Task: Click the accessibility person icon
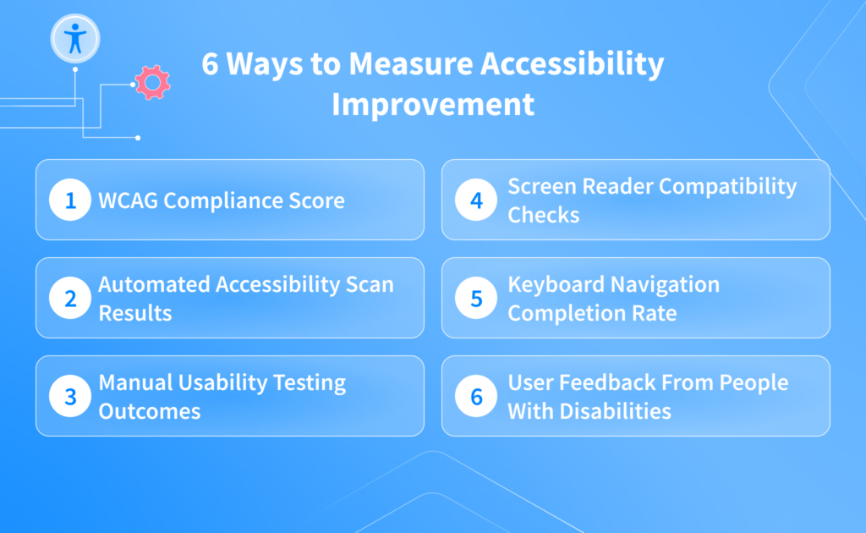75,38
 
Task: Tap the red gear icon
153,82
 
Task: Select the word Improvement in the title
433,104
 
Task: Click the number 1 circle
69,201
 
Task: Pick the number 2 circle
69,299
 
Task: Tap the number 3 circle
69,397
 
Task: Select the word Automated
154,285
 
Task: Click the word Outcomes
150,411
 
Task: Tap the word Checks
543,215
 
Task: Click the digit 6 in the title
210,65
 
